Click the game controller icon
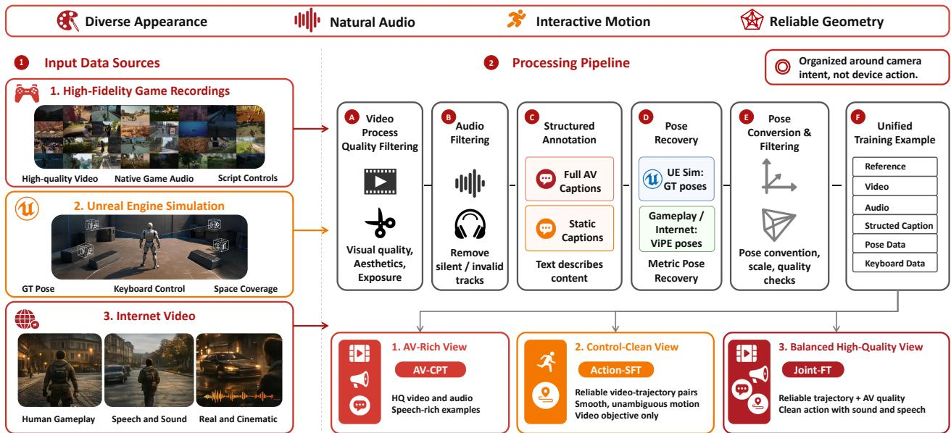click(x=27, y=93)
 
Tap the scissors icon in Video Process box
click(x=380, y=222)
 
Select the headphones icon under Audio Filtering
click(x=470, y=224)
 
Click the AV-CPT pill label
click(x=430, y=370)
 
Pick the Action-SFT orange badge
click(x=615, y=370)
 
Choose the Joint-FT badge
click(x=813, y=370)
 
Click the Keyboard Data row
click(x=894, y=264)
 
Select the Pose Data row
click(x=894, y=244)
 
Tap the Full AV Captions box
click(x=569, y=179)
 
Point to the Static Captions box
click(x=569, y=229)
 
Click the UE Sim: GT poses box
click(x=676, y=179)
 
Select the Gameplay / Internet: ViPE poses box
click(x=676, y=229)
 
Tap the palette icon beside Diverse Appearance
click(x=68, y=21)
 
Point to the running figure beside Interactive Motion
click(x=516, y=19)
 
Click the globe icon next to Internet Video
click(x=26, y=319)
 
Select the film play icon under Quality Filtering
click(x=380, y=182)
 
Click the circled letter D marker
click(x=646, y=117)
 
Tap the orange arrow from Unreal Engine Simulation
click(x=311, y=230)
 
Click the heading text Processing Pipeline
click(x=570, y=63)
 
